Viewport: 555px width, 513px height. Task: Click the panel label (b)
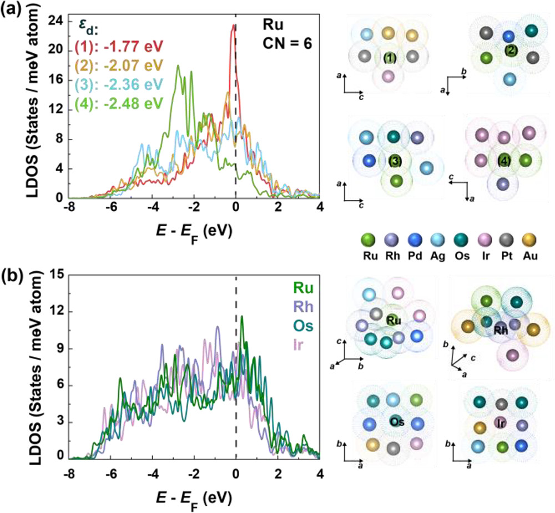pos(12,274)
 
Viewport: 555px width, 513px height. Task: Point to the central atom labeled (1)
pos(389,57)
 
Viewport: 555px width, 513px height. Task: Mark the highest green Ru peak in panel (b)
pos(241,318)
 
